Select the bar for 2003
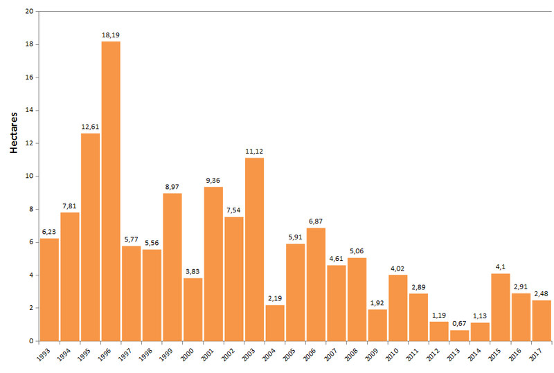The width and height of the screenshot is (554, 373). (254, 249)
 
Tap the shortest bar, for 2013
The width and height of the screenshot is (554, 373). (459, 336)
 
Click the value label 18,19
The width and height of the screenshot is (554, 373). (111, 35)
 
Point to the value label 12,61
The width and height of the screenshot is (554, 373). (90, 127)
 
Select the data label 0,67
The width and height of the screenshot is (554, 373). (459, 323)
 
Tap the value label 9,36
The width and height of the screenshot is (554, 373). (213, 180)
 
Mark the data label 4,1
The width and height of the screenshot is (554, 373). (500, 267)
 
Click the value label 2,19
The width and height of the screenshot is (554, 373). (275, 298)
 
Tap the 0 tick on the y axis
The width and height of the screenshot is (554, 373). (30, 341)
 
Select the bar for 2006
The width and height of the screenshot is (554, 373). (316, 284)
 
